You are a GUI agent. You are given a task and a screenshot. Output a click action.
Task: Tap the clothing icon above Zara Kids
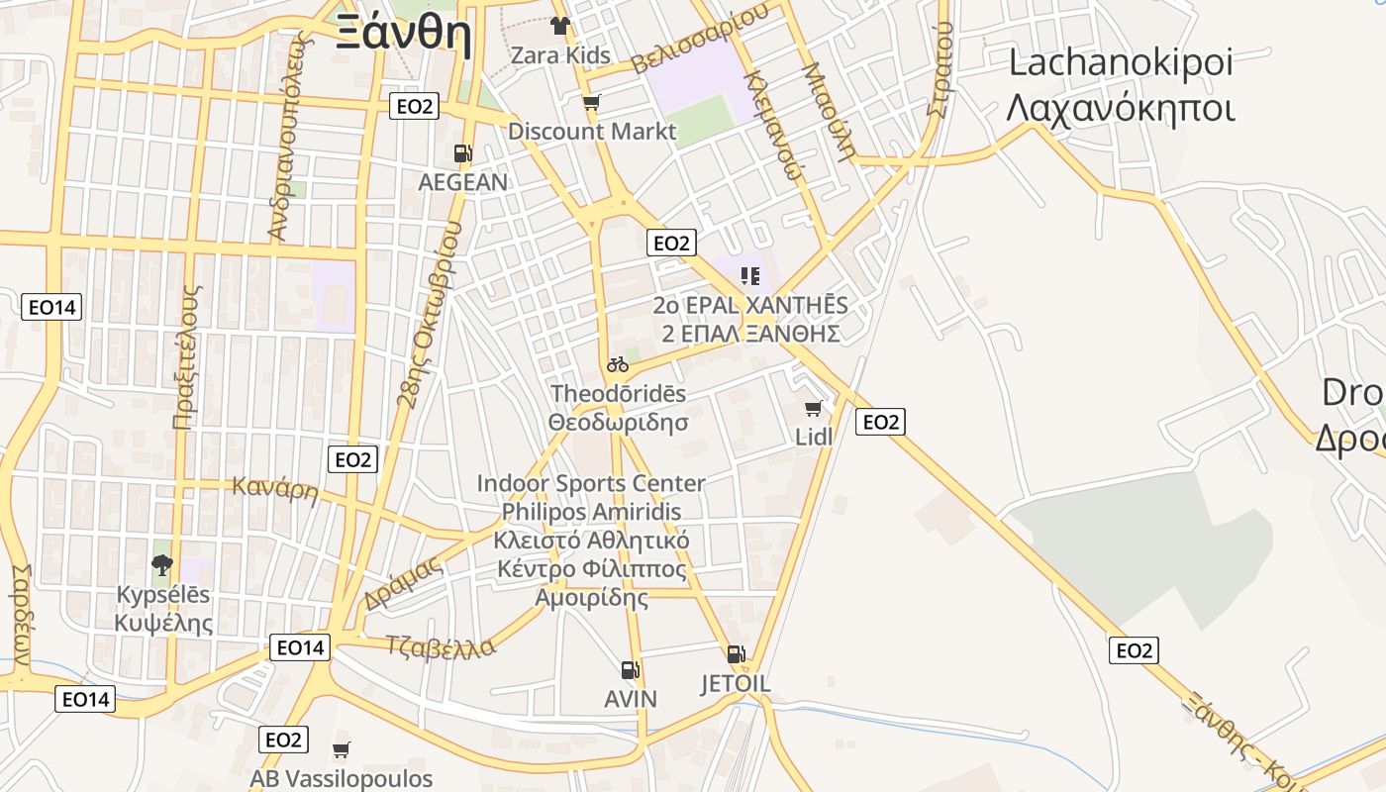[560, 26]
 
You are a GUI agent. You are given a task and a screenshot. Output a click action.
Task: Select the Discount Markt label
[592, 131]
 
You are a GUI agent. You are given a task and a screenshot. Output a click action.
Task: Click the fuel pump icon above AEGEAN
[462, 153]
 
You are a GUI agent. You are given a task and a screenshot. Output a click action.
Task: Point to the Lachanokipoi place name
[1120, 63]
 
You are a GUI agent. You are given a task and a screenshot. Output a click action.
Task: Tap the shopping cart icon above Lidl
[814, 408]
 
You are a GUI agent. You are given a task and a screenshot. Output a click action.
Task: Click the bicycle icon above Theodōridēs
[618, 364]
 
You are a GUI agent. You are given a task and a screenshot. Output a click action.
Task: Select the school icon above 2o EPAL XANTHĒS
[750, 275]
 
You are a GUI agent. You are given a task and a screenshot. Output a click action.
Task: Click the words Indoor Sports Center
[591, 483]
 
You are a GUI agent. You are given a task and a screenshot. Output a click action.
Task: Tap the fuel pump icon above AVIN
[630, 670]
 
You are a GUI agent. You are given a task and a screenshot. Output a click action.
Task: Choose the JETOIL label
[736, 684]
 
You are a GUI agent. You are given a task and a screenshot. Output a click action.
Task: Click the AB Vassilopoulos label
[341, 778]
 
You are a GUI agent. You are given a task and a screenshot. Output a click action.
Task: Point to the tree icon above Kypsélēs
[162, 565]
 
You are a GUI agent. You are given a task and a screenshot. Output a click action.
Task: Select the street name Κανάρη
[274, 488]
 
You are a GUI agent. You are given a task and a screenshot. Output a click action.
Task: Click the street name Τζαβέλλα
[441, 645]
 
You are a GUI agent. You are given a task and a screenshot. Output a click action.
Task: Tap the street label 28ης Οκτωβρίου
[429, 315]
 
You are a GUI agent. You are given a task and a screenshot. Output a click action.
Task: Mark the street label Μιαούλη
[829, 112]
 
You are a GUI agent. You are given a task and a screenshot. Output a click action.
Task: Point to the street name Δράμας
[402, 584]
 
